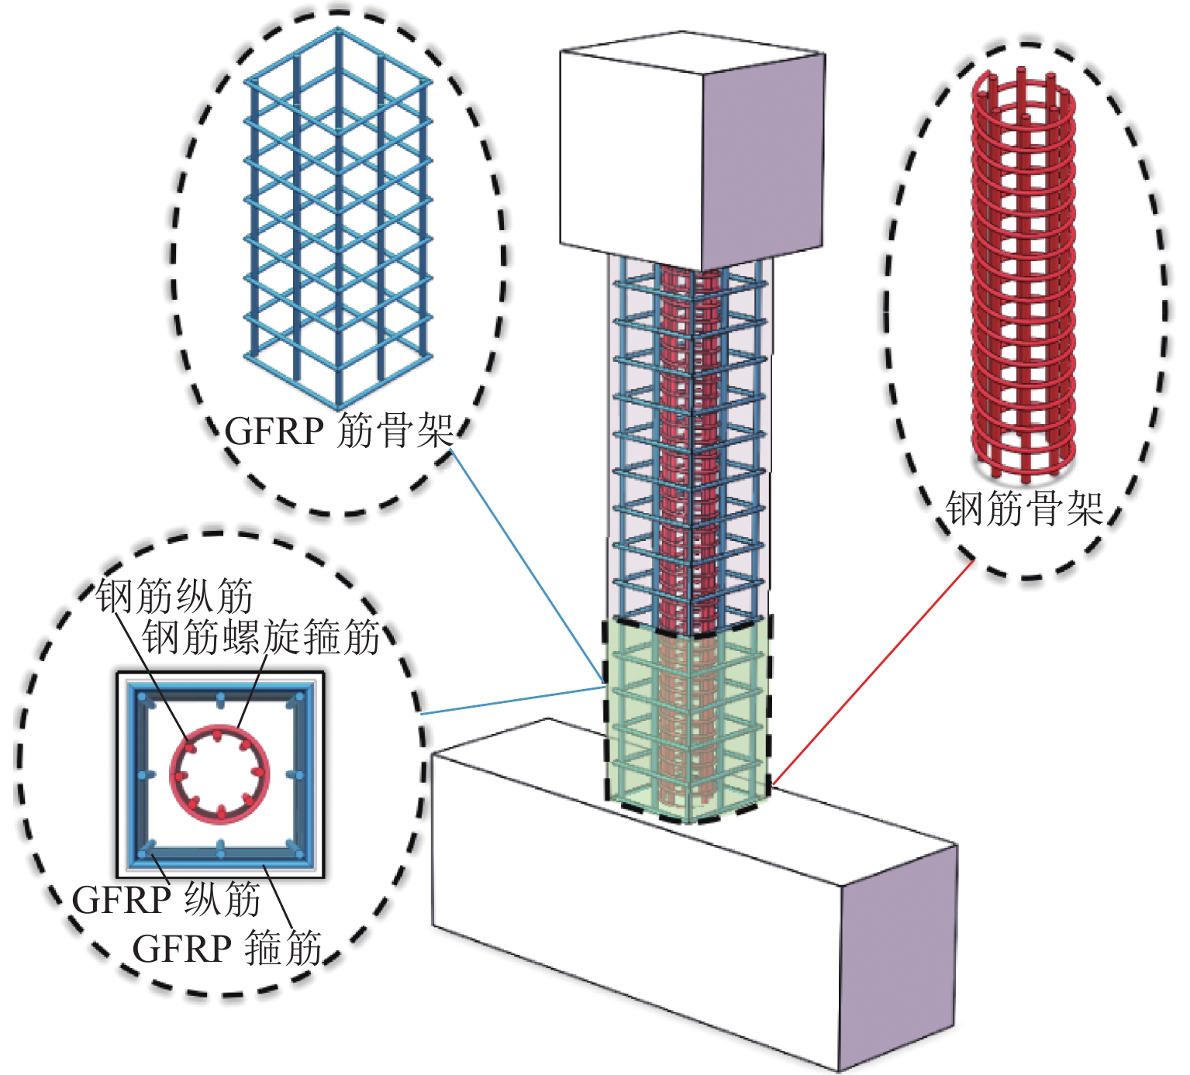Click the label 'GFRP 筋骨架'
(x=338, y=431)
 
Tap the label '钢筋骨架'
(x=1024, y=509)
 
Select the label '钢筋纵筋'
(x=175, y=596)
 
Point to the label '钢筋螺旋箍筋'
(x=261, y=637)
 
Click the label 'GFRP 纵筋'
(x=166, y=900)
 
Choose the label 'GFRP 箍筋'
(x=226, y=948)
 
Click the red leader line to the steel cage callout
(x=872, y=672)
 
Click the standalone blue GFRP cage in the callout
(x=337, y=217)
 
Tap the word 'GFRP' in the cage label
(x=274, y=431)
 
